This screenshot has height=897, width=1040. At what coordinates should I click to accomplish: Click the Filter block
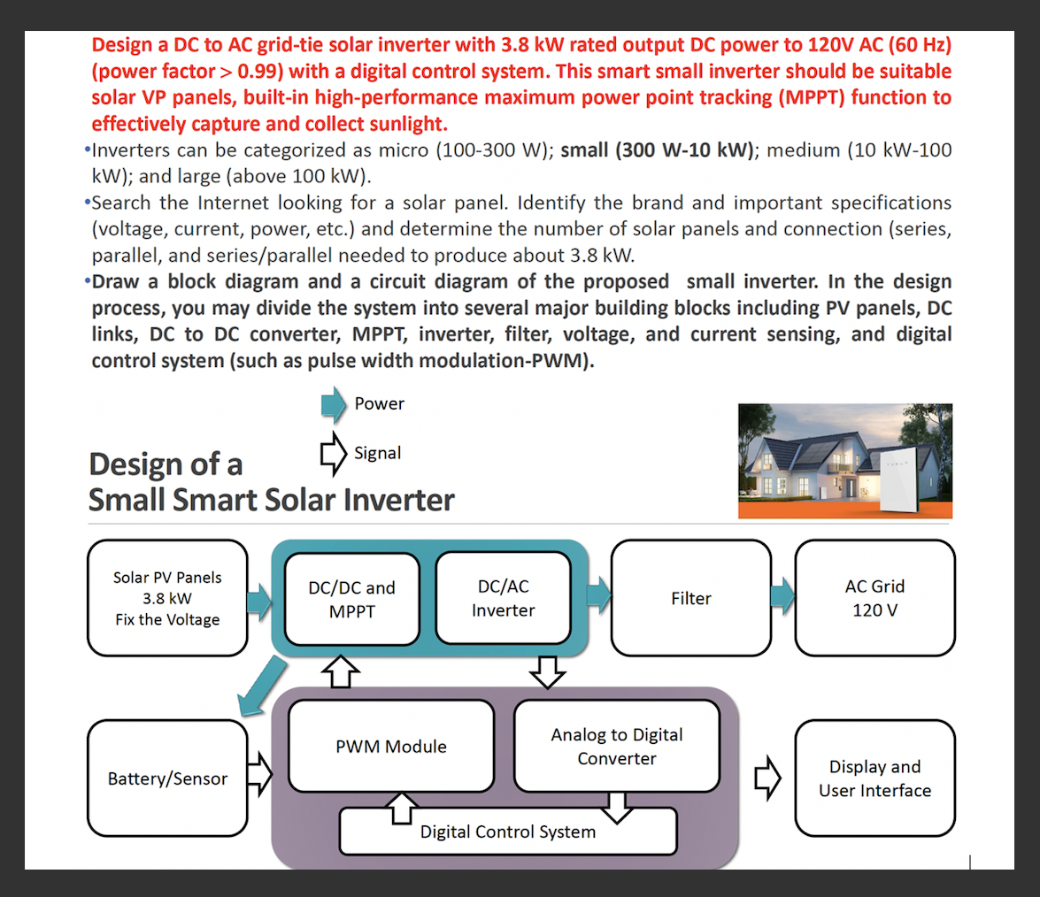point(690,598)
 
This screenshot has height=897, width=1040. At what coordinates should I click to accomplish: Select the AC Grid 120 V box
point(874,598)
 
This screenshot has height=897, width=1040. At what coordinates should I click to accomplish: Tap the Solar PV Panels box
point(167,598)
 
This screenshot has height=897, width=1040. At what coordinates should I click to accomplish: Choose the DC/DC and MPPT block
point(351,599)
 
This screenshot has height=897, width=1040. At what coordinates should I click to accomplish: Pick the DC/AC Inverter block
point(503,598)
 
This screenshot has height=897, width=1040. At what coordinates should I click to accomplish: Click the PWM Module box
point(390,746)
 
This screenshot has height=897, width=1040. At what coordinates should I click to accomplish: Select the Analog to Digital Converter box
point(616,746)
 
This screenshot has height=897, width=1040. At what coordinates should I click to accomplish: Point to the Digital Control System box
point(507,832)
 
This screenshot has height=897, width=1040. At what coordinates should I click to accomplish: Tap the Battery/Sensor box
point(167,778)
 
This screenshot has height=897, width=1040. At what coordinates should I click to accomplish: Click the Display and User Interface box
point(874,778)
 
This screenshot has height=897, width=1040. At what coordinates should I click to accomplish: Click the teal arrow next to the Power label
point(333,405)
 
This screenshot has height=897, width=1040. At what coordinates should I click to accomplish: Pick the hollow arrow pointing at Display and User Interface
point(767,778)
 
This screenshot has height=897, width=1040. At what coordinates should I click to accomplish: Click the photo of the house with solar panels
point(844,460)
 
